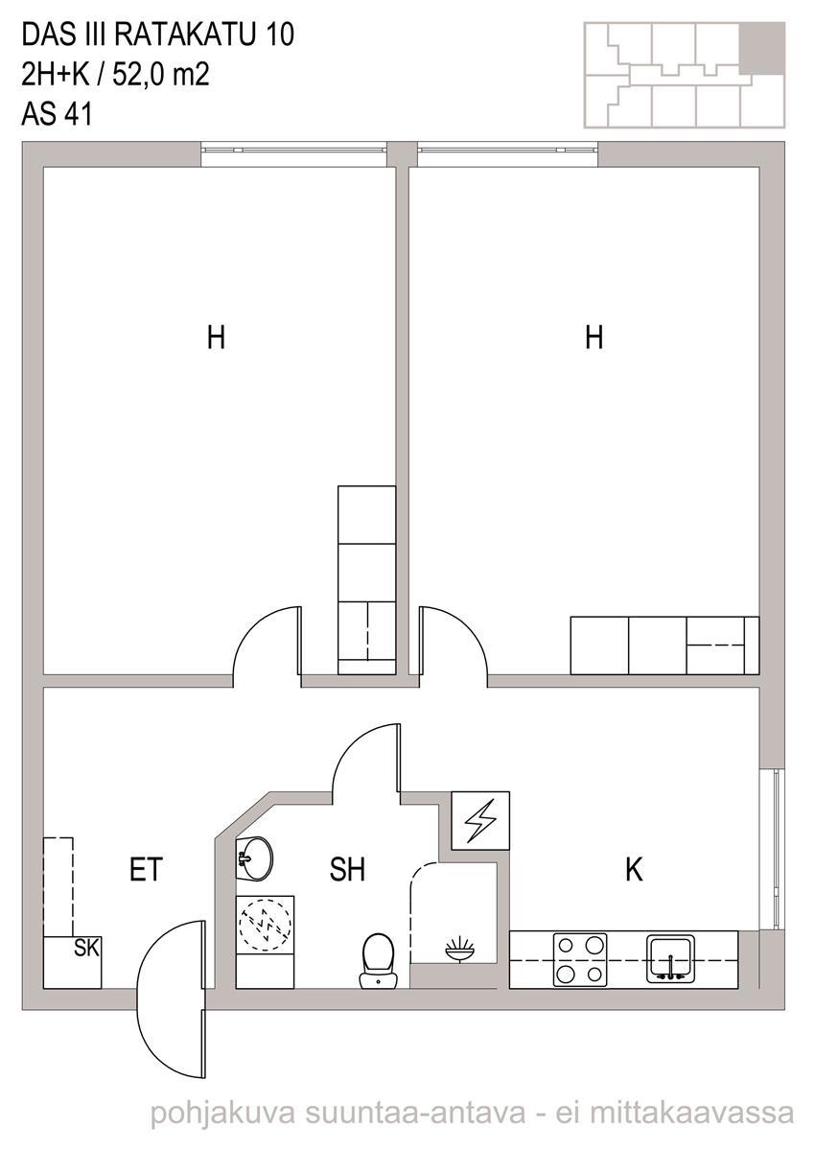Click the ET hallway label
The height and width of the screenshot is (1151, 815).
pyautogui.click(x=147, y=869)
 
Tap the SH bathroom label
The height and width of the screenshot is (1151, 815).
pyautogui.click(x=347, y=869)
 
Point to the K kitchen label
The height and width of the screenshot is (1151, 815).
pyautogui.click(x=634, y=869)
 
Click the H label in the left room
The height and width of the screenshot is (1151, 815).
pyautogui.click(x=216, y=338)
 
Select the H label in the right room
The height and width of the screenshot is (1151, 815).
pyautogui.click(x=594, y=338)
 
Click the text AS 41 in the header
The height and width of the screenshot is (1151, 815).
pyautogui.click(x=57, y=113)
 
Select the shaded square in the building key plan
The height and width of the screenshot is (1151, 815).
pyautogui.click(x=762, y=47)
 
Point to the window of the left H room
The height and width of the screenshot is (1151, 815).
pyautogui.click(x=293, y=153)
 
